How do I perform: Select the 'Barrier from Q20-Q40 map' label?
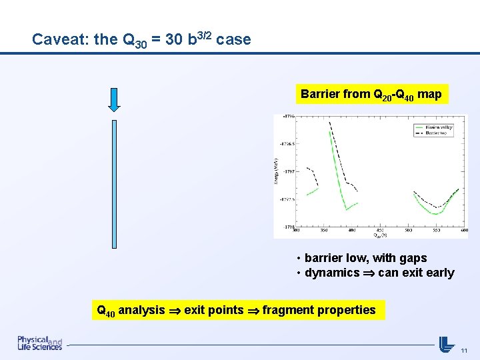coord(371,94)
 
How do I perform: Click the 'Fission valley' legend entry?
coord(438,127)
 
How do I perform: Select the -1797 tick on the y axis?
coord(289,171)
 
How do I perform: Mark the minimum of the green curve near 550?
coord(435,214)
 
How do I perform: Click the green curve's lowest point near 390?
coord(346,209)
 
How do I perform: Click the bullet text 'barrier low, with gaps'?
coord(365,258)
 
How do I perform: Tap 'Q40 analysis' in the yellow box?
coord(131,310)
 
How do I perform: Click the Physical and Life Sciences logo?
coord(40,343)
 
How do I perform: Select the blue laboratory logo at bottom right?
coord(446,344)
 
